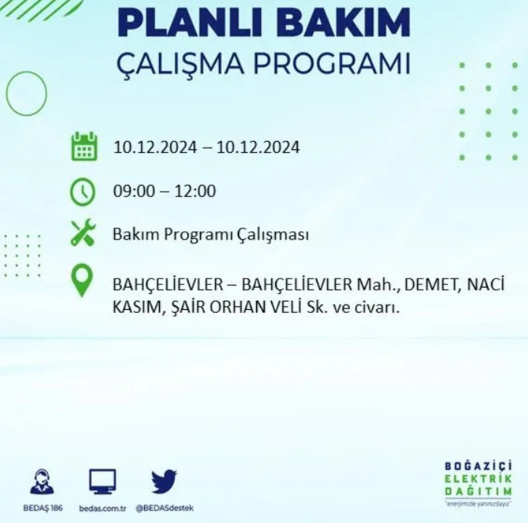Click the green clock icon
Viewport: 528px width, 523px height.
click(x=84, y=191)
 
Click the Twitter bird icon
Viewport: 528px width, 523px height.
click(x=164, y=481)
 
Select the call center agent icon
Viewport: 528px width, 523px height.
click(x=42, y=481)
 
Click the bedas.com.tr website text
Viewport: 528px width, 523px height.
click(x=102, y=508)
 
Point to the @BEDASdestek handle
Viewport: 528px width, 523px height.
click(x=164, y=508)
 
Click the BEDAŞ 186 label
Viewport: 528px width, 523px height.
click(x=42, y=508)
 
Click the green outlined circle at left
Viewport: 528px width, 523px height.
click(x=26, y=94)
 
